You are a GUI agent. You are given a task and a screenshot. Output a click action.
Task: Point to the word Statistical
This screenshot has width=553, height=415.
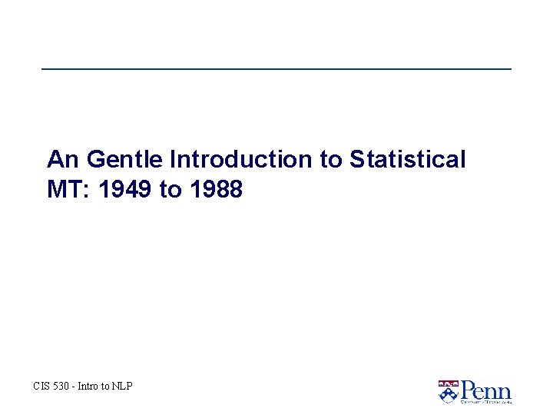click(408, 160)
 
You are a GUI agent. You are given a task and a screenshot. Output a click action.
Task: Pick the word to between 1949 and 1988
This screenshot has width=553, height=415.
click(169, 189)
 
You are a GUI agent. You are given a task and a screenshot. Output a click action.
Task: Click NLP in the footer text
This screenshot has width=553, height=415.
click(122, 386)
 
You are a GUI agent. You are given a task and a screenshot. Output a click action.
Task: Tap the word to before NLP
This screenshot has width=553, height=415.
click(107, 386)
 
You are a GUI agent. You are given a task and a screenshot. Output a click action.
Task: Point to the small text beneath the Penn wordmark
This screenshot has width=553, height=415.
click(485, 401)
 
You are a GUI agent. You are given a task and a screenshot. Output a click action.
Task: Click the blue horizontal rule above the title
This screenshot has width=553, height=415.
click(276, 69)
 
